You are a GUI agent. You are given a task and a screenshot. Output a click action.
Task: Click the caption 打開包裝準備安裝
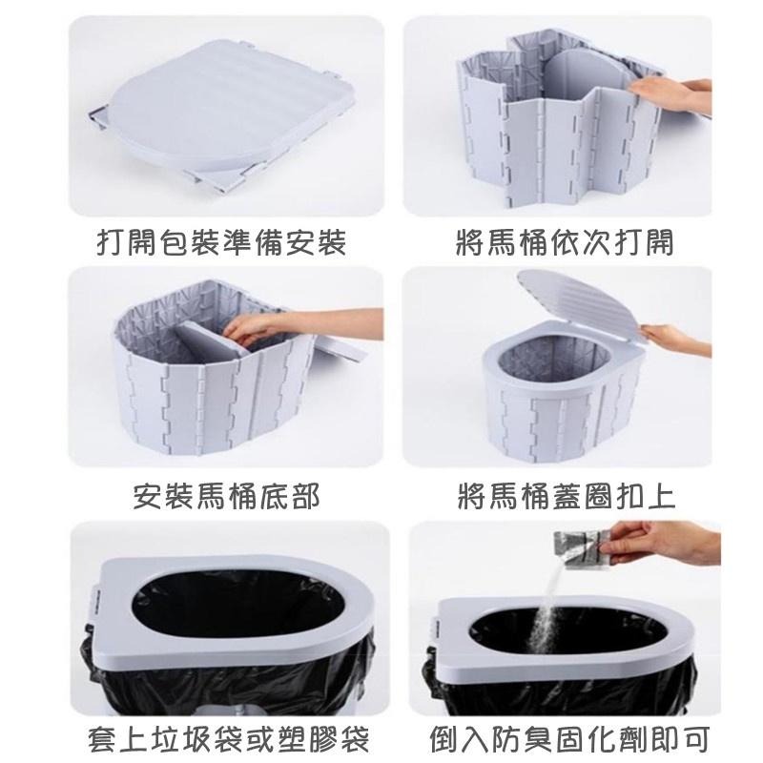221,242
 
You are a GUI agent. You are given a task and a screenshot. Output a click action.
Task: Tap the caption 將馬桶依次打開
565,242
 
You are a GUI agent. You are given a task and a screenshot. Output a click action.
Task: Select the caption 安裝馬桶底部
226,496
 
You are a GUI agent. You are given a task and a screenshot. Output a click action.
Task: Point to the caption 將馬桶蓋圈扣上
567,496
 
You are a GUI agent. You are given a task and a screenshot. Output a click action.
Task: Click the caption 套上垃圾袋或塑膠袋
229,739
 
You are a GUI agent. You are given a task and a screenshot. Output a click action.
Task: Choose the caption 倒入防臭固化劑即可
569,739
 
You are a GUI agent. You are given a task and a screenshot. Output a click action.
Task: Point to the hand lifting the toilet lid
674,339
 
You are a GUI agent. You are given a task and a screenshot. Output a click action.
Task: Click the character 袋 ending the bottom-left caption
355,739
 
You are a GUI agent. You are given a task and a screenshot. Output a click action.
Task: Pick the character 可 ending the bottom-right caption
696,739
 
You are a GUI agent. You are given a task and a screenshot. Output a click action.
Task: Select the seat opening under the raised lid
555,361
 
